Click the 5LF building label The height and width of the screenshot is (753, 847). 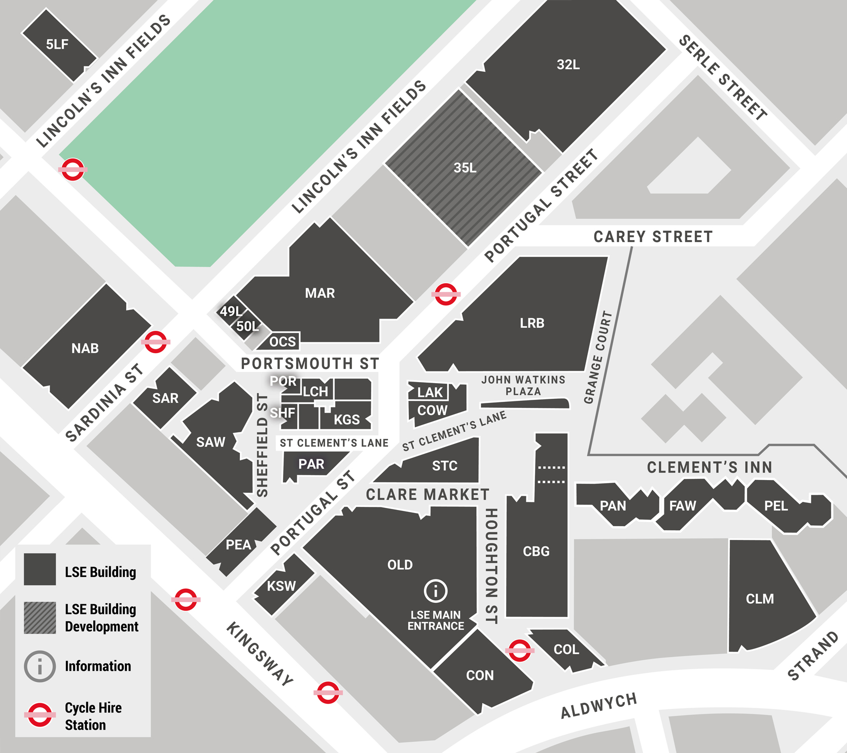tap(57, 45)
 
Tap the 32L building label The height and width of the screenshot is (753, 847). tap(568, 65)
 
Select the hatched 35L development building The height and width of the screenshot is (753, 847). tap(465, 168)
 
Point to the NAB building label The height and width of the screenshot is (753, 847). tap(85, 349)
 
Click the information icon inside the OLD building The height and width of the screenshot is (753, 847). tap(435, 591)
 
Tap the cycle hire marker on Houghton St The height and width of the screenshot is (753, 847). tap(519, 651)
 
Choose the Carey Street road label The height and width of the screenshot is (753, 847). tap(653, 237)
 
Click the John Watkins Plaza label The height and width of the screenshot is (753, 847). tap(523, 386)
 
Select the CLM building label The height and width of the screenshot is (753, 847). tap(759, 599)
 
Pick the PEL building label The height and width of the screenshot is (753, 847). tap(775, 506)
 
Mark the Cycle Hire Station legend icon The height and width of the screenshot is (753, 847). tap(40, 715)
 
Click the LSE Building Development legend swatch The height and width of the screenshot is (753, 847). tap(40, 618)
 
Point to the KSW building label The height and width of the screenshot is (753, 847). tap(281, 587)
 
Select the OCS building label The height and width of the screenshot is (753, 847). tap(282, 342)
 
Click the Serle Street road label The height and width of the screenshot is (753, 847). tap(722, 78)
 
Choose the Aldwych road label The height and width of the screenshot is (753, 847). tap(598, 706)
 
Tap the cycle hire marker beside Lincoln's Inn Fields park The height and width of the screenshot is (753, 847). tap(73, 169)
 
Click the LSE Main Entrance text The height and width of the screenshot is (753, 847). tap(436, 621)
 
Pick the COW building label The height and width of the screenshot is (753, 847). tap(432, 410)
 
